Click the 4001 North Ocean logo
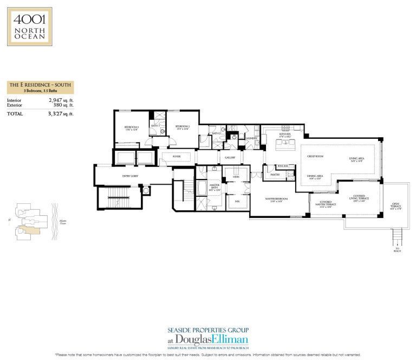pos(29,25)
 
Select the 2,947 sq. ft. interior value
pos(60,100)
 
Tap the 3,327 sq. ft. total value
pos(60,114)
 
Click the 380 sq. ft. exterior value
pos(63,106)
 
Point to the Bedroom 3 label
pos(132,128)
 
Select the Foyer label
pos(176,157)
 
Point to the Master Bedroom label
pos(276,200)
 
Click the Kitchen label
pos(285,134)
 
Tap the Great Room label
pos(315,156)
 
